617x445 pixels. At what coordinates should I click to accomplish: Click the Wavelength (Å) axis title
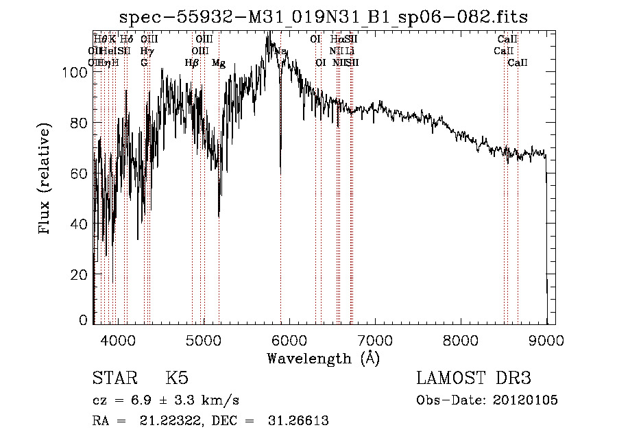click(x=323, y=358)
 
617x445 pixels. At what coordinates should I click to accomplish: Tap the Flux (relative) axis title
click(x=45, y=180)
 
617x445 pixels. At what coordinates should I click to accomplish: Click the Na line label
click(x=281, y=51)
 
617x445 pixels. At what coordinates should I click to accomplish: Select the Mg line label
click(x=219, y=63)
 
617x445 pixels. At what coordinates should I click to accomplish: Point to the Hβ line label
click(x=192, y=63)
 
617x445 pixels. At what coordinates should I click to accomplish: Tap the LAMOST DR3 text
click(x=474, y=378)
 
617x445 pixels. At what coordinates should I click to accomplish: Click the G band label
click(x=144, y=63)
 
